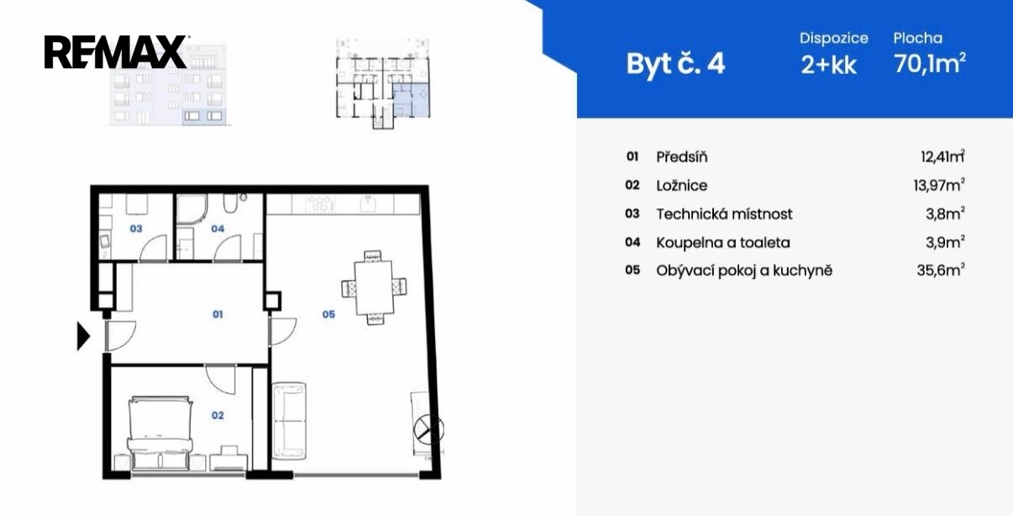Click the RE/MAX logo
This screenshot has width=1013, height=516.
click(115, 51)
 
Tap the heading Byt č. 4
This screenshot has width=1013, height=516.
click(675, 64)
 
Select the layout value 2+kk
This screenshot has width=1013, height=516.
click(828, 66)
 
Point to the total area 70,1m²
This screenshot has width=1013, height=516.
click(930, 63)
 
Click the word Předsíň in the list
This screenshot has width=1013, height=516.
click(681, 157)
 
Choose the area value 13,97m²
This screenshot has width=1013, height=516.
click(939, 185)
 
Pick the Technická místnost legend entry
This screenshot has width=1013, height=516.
click(724, 214)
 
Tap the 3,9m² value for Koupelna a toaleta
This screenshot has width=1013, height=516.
click(945, 242)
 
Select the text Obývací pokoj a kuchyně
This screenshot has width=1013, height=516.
click(744, 271)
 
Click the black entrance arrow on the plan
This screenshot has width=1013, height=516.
click(83, 336)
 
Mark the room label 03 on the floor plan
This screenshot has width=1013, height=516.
click(136, 229)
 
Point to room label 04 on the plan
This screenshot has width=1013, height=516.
click(218, 229)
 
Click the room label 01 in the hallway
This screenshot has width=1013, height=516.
click(218, 314)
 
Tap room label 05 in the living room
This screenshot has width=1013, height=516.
click(328, 314)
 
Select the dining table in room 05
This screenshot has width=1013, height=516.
click(374, 287)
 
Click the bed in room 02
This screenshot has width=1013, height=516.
click(160, 434)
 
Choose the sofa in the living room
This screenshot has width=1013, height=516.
click(289, 421)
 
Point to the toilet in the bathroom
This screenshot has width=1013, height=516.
click(230, 203)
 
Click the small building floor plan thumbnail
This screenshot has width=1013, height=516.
click(383, 84)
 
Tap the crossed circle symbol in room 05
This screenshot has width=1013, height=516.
click(428, 429)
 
